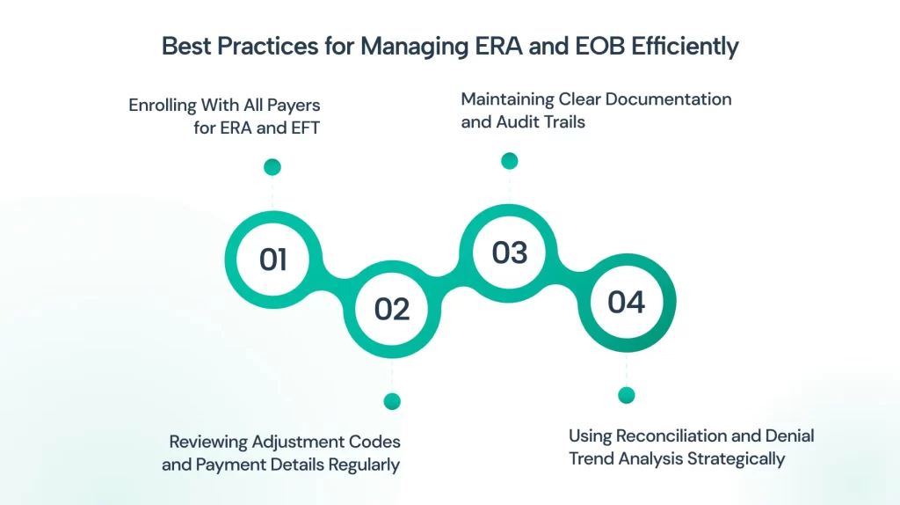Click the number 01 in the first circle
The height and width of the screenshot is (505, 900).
[272, 260]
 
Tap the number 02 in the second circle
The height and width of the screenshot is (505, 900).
[392, 309]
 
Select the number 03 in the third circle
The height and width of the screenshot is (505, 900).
[510, 252]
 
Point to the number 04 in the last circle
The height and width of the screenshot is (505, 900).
[626, 302]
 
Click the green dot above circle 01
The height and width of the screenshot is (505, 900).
[272, 167]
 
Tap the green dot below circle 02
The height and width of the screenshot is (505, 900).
[392, 401]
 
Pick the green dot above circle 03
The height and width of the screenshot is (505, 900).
[509, 161]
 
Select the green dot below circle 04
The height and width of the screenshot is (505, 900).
[626, 395]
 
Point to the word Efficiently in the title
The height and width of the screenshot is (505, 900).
[685, 47]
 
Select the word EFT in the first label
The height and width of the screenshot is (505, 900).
[305, 128]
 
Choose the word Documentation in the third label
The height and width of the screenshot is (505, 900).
[669, 99]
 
